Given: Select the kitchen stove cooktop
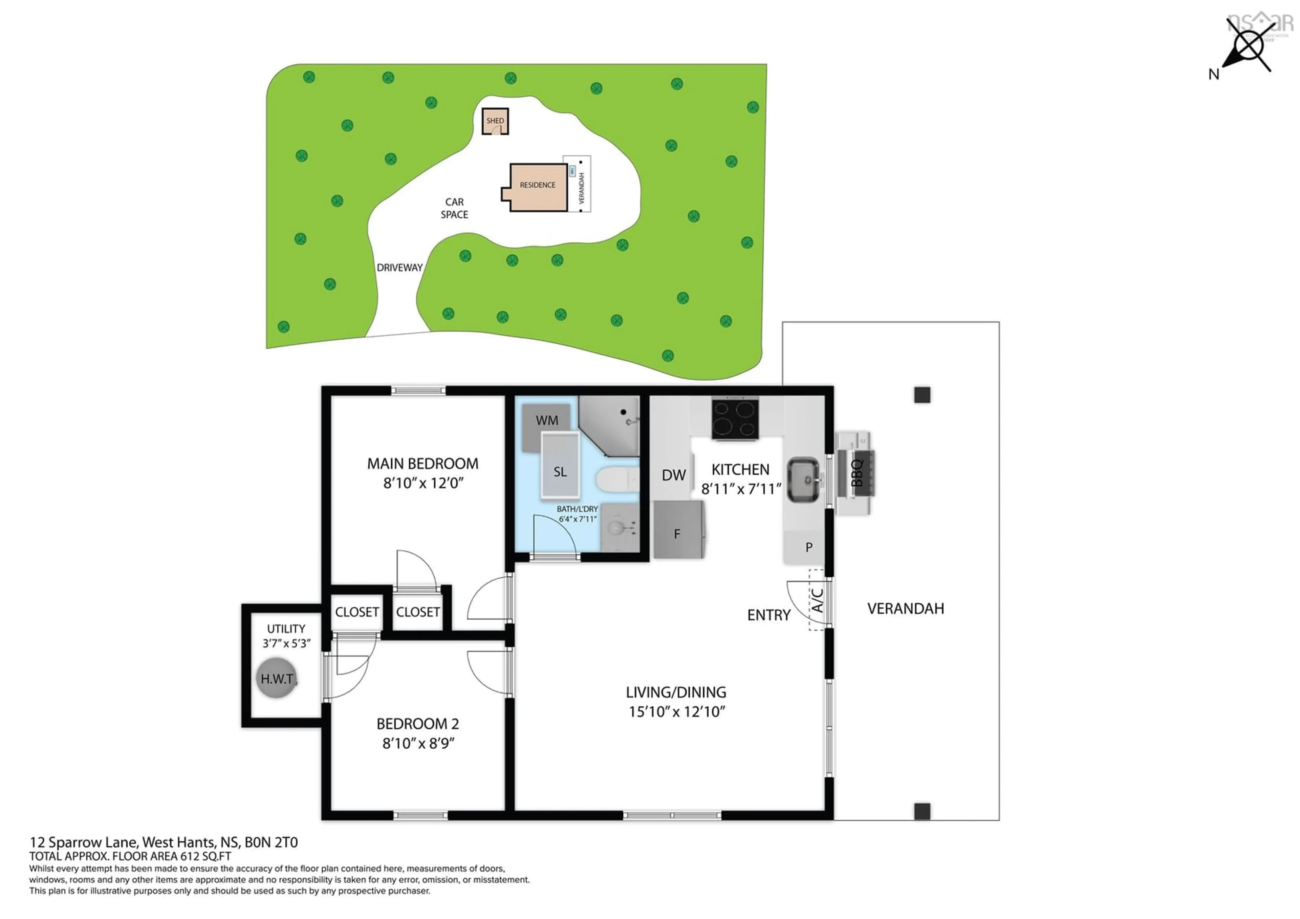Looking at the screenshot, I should (x=735, y=419).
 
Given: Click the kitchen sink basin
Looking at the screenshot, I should (x=803, y=479).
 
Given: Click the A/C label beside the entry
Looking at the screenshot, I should (x=817, y=600).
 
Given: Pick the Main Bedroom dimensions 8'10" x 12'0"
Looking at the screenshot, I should (x=423, y=483).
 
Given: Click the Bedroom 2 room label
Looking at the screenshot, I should (x=417, y=724).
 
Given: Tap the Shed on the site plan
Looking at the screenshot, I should (x=495, y=121).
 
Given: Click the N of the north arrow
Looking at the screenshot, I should (x=1213, y=74).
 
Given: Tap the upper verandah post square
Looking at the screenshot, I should (x=922, y=395).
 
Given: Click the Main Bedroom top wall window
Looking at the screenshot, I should (x=418, y=390).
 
